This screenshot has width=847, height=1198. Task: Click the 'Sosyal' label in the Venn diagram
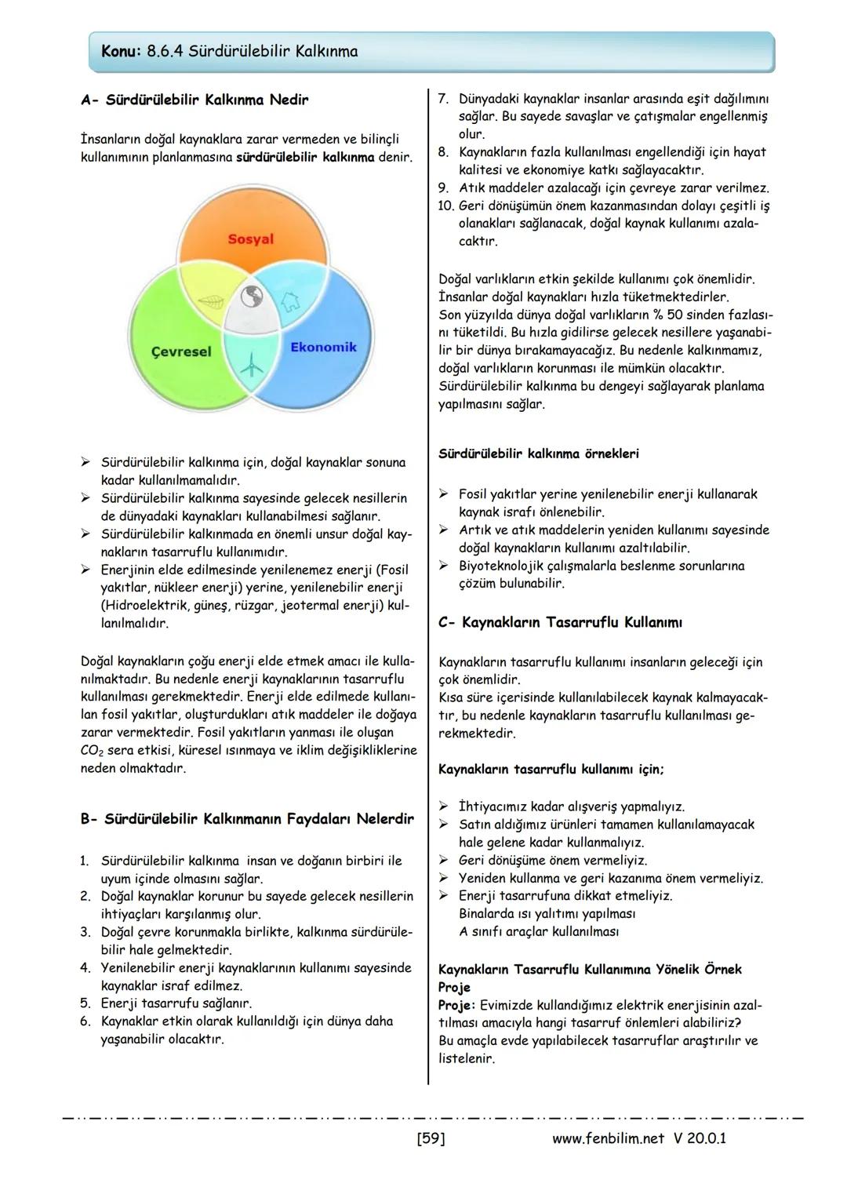250,239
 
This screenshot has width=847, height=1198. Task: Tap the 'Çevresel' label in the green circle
181,351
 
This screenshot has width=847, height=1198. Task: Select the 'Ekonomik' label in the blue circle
323,347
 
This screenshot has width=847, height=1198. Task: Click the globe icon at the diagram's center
251,297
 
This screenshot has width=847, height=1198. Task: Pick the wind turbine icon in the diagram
251,364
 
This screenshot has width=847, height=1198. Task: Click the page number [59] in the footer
431,1138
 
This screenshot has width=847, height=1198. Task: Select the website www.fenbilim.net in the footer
608,1138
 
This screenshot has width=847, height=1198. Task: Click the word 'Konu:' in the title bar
122,52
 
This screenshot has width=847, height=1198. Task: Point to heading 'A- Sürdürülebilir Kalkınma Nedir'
194,100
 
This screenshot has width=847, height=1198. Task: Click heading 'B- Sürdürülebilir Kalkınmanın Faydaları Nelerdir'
247,819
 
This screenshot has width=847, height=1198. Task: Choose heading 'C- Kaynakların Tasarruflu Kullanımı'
560,623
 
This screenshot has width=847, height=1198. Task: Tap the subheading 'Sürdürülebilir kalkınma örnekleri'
538,453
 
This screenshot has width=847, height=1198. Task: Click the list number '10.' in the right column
445,206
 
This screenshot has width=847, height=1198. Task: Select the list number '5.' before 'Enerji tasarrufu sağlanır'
85,1003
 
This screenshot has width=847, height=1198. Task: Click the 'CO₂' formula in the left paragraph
92,751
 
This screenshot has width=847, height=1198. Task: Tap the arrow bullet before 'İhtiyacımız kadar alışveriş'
443,807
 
